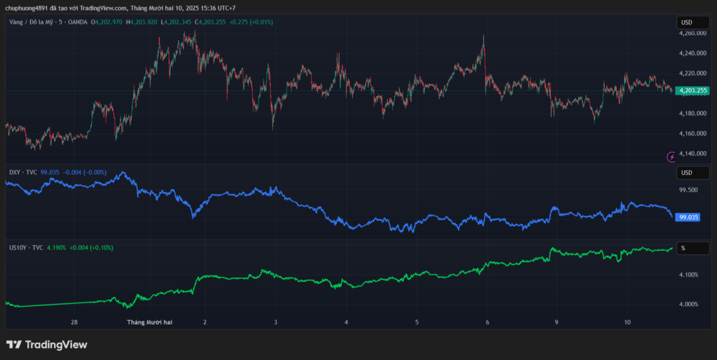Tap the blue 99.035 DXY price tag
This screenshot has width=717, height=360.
[x=688, y=217]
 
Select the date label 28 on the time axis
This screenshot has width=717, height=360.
[x=74, y=323]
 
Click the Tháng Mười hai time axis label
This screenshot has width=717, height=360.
[x=149, y=323]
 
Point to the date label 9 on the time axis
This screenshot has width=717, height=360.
[x=557, y=323]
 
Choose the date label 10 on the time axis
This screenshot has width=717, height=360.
[x=627, y=323]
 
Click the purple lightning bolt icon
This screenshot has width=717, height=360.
[x=672, y=156]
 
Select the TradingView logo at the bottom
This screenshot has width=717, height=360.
[x=47, y=345]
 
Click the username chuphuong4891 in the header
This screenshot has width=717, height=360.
[x=26, y=8]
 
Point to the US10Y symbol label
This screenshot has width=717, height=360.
[x=17, y=248]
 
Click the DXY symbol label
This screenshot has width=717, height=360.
[x=14, y=172]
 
